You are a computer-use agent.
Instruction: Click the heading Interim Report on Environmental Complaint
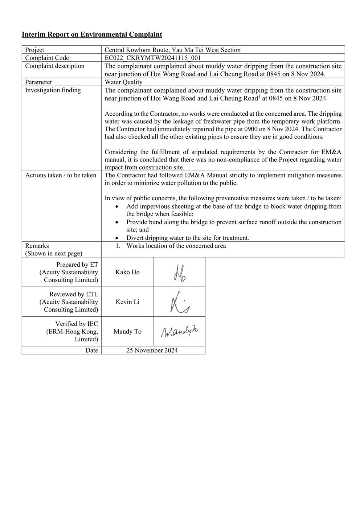point(92,34)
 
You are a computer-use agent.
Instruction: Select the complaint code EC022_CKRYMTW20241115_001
point(153,58)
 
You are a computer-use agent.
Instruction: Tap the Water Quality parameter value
point(123,82)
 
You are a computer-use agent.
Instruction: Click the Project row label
point(34,50)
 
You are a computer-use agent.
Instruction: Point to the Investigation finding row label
point(53,90)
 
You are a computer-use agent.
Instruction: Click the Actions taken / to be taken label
point(61,175)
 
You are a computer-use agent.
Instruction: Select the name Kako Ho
point(127,272)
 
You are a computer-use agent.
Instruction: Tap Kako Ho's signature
point(179,273)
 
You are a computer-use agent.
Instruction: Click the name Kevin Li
point(127,302)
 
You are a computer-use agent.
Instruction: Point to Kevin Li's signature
point(179,302)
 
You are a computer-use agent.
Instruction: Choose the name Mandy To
point(127,332)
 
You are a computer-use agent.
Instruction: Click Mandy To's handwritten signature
point(180,331)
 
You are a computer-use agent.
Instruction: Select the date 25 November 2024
point(152,350)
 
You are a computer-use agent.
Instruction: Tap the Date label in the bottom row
point(92,350)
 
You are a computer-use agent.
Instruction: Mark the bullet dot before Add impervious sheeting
point(116,206)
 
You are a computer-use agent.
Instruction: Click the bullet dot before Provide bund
point(116,222)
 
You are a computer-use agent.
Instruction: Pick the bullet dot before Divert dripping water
point(116,238)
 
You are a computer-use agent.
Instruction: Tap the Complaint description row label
point(54,66)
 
